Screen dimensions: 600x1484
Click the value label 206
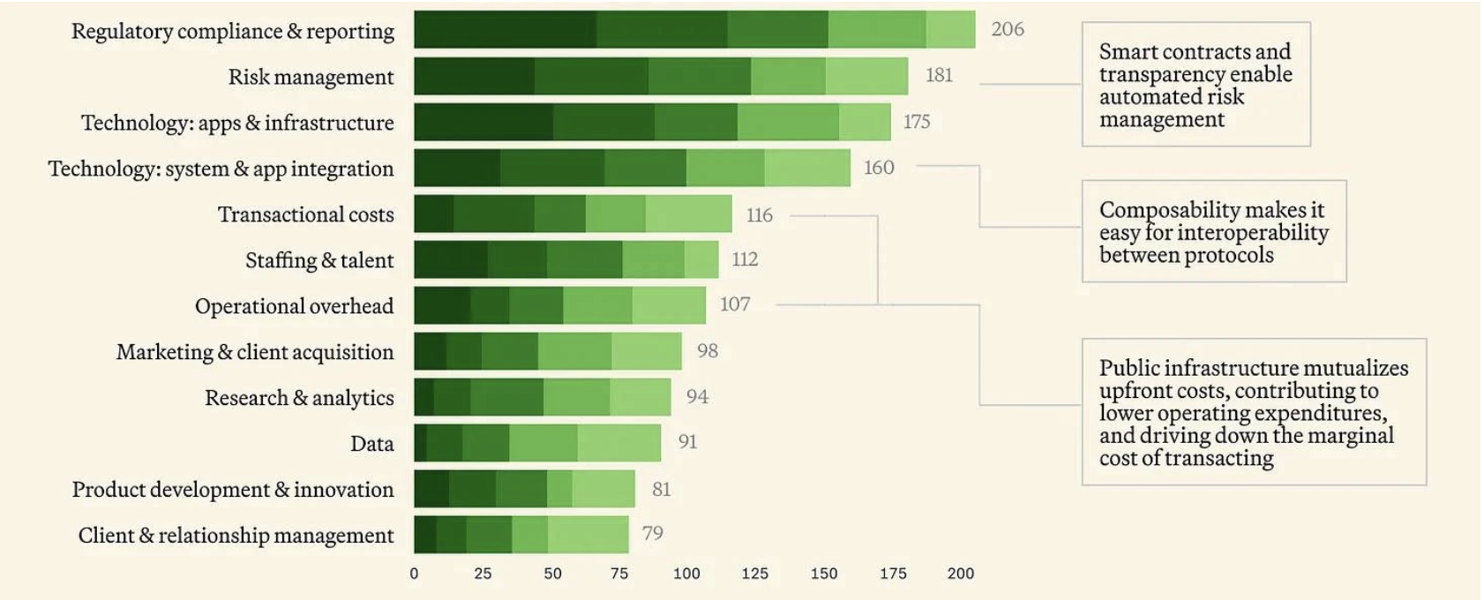coord(1007,29)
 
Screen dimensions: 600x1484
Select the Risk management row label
coord(311,77)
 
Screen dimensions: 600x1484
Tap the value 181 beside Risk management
coord(939,75)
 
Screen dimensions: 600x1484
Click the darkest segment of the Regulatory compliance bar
coord(505,29)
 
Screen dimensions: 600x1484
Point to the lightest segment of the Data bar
coord(618,443)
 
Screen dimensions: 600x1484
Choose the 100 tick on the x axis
coord(686,574)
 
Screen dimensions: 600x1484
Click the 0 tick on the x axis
coord(414,574)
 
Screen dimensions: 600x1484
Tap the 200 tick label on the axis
coord(960,574)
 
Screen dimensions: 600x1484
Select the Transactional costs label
coord(305,214)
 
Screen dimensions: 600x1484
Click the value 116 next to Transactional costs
coord(759,215)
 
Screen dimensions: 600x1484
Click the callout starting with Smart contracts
coord(1195,85)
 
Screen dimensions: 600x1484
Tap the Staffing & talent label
coord(319,260)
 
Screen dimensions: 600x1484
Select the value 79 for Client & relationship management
coord(652,533)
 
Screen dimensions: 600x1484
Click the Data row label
coord(371,444)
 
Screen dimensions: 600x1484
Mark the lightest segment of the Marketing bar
coord(646,351)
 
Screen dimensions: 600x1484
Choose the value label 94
coord(697,397)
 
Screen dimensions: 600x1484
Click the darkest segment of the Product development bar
coord(431,489)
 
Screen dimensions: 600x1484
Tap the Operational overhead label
coord(294,306)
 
